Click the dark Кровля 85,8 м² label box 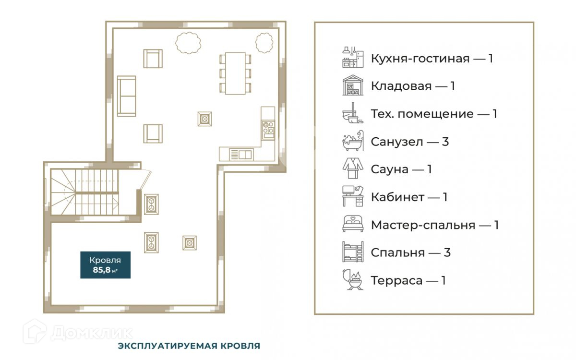pos(106,265)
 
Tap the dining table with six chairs pos(235,73)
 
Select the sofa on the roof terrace pos(127,96)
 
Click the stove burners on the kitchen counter pos(268,130)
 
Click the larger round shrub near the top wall pos(188,43)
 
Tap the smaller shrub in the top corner pos(264,43)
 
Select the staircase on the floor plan pos(84,192)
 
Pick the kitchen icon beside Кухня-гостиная pos(353,57)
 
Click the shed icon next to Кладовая pos(353,85)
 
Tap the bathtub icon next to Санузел pos(353,141)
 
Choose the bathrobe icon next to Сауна pos(353,168)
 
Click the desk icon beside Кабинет pos(353,196)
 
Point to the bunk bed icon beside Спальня pos(353,252)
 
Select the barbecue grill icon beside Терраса pos(353,279)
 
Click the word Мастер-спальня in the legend pos(423,225)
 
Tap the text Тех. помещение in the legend pos(422,114)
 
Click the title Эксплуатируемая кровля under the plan pos(189,346)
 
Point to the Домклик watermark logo pos(78,332)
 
